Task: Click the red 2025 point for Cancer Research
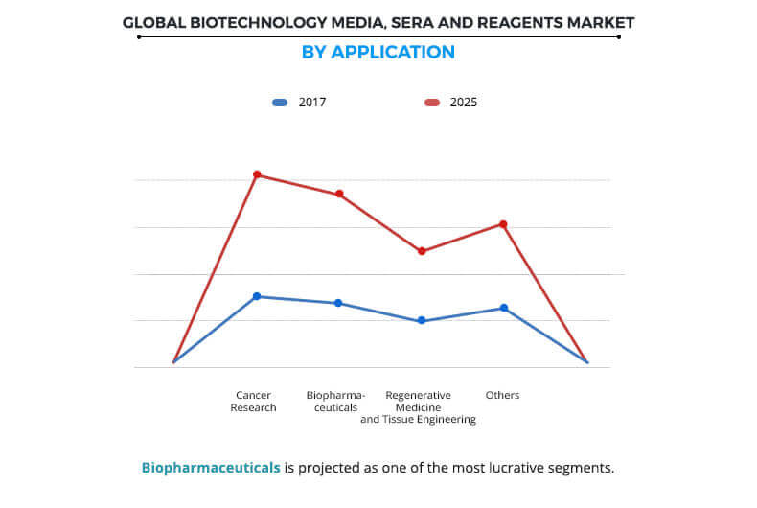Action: [x=257, y=174]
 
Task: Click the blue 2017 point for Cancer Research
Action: [x=257, y=296]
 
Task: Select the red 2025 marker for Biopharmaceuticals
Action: [x=339, y=195]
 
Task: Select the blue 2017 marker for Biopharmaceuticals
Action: [x=338, y=303]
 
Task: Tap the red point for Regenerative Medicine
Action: [x=422, y=251]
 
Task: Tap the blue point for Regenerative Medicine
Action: [x=422, y=321]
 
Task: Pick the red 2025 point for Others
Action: [x=503, y=224]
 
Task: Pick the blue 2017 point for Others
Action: [x=504, y=308]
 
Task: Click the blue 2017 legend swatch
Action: [x=280, y=102]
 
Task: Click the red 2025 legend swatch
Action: [x=432, y=102]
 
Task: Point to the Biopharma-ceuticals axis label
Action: [x=332, y=401]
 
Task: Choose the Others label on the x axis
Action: [x=502, y=395]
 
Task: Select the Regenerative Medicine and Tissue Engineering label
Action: [x=418, y=407]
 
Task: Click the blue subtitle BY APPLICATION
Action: [x=378, y=52]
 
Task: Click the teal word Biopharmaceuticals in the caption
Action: [x=211, y=468]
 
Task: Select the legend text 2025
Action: [x=463, y=102]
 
